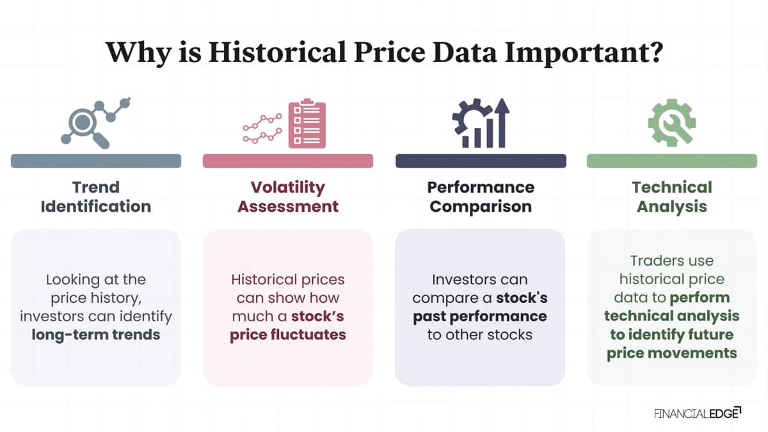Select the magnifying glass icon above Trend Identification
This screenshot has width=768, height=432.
tap(86, 126)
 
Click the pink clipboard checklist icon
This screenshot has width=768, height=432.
tap(307, 124)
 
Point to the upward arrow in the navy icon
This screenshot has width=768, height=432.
tap(502, 123)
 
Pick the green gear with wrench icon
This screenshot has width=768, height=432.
tap(672, 123)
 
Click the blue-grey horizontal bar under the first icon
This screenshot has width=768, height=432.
tap(96, 161)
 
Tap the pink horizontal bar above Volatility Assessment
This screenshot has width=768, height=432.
tap(288, 161)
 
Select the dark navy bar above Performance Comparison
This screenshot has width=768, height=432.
tap(481, 161)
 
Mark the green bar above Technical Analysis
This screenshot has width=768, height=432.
tap(672, 161)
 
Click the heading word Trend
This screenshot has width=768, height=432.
tap(96, 187)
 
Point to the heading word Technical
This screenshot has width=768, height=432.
tap(672, 187)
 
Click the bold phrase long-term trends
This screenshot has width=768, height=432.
tap(96, 335)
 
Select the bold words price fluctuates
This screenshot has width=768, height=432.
tap(288, 335)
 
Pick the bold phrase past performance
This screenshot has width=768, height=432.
tap(480, 317)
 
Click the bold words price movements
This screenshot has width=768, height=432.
tap(672, 353)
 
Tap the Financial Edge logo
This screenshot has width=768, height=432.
tap(698, 413)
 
